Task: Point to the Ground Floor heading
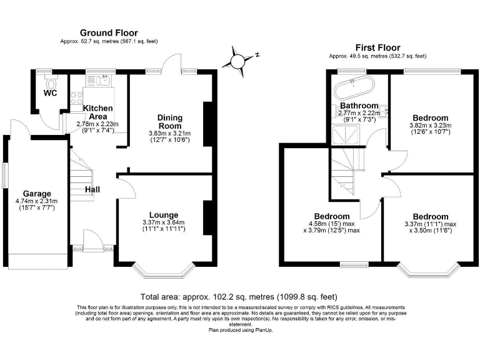click(109, 33)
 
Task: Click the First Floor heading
click(377, 47)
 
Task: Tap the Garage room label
click(37, 193)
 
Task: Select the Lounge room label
click(164, 214)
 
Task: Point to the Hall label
click(93, 189)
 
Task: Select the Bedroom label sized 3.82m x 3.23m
click(430, 117)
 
